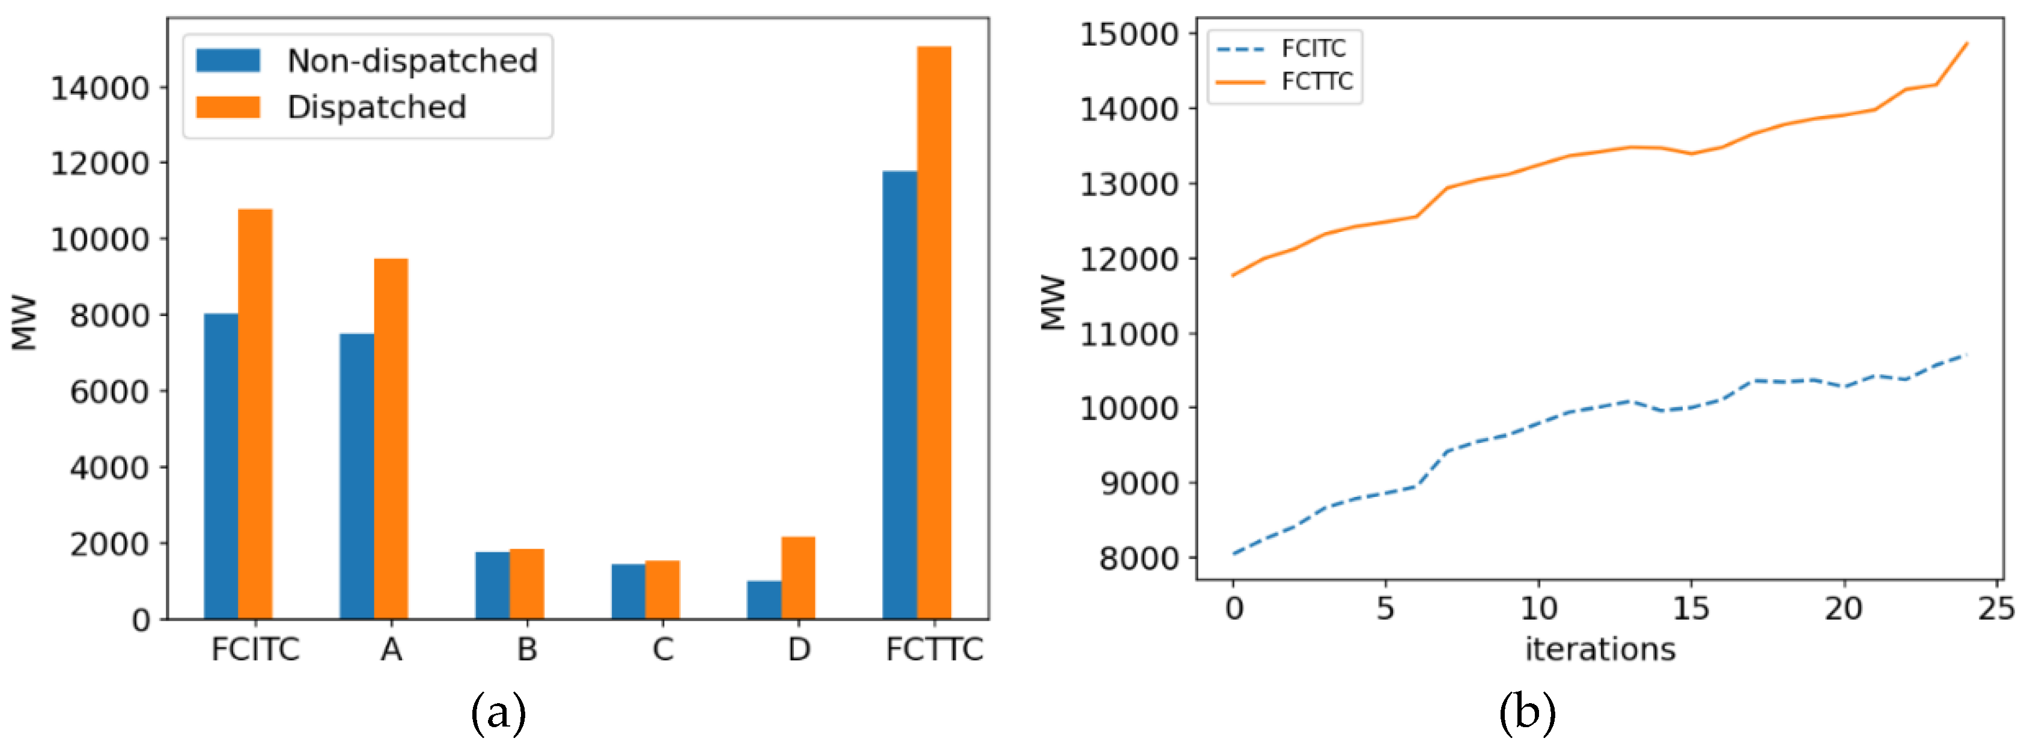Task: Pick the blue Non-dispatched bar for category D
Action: pyautogui.click(x=763, y=600)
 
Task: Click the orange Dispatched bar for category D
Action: pyautogui.click(x=798, y=578)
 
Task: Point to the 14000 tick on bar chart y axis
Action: pyautogui.click(x=99, y=87)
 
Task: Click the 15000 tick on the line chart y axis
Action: pyautogui.click(x=1129, y=35)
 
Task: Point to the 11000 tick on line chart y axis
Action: pyautogui.click(x=1129, y=334)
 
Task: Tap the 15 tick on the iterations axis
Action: pyautogui.click(x=1690, y=608)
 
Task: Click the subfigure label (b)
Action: pyautogui.click(x=1526, y=713)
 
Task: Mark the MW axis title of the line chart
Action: pyautogui.click(x=1053, y=303)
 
